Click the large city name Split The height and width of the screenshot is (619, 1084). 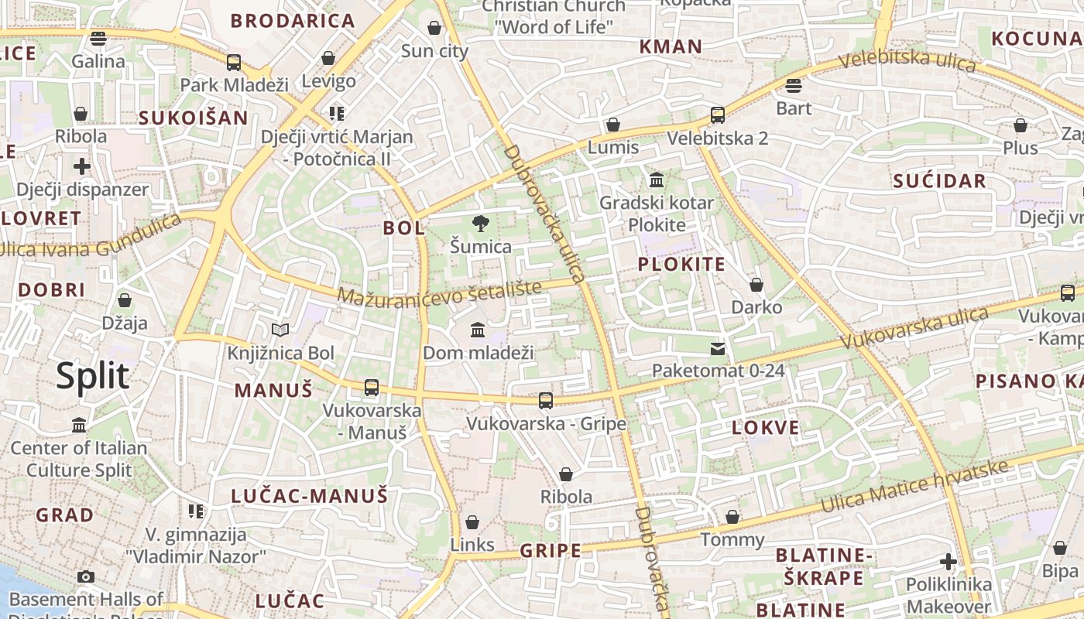pyautogui.click(x=92, y=376)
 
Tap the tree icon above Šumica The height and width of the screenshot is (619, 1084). pyautogui.click(x=481, y=224)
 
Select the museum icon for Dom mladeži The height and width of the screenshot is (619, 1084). pyautogui.click(x=478, y=330)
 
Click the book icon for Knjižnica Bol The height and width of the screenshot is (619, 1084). pyautogui.click(x=280, y=330)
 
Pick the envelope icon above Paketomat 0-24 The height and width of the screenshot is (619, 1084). pyautogui.click(x=719, y=349)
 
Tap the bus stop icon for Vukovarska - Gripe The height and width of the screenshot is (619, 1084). pyautogui.click(x=546, y=400)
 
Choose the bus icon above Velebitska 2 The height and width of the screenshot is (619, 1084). pyautogui.click(x=718, y=115)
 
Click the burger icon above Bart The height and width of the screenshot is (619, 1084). pyautogui.click(x=793, y=85)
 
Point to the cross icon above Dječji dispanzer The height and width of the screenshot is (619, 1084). pyautogui.click(x=82, y=166)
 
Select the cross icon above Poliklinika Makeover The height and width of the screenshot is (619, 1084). pyautogui.click(x=948, y=562)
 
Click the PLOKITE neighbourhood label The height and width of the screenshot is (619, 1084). pyautogui.click(x=681, y=264)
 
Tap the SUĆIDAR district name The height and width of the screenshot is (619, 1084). pyautogui.click(x=939, y=181)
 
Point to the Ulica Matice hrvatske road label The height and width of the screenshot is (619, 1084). pyautogui.click(x=914, y=487)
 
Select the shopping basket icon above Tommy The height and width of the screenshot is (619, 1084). pyautogui.click(x=732, y=517)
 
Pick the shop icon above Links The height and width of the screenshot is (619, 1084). pyautogui.click(x=472, y=522)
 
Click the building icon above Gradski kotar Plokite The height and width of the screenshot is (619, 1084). pyautogui.click(x=657, y=180)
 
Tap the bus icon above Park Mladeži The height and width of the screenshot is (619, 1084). pyautogui.click(x=233, y=62)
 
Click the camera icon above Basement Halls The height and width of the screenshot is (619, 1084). pyautogui.click(x=86, y=576)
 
